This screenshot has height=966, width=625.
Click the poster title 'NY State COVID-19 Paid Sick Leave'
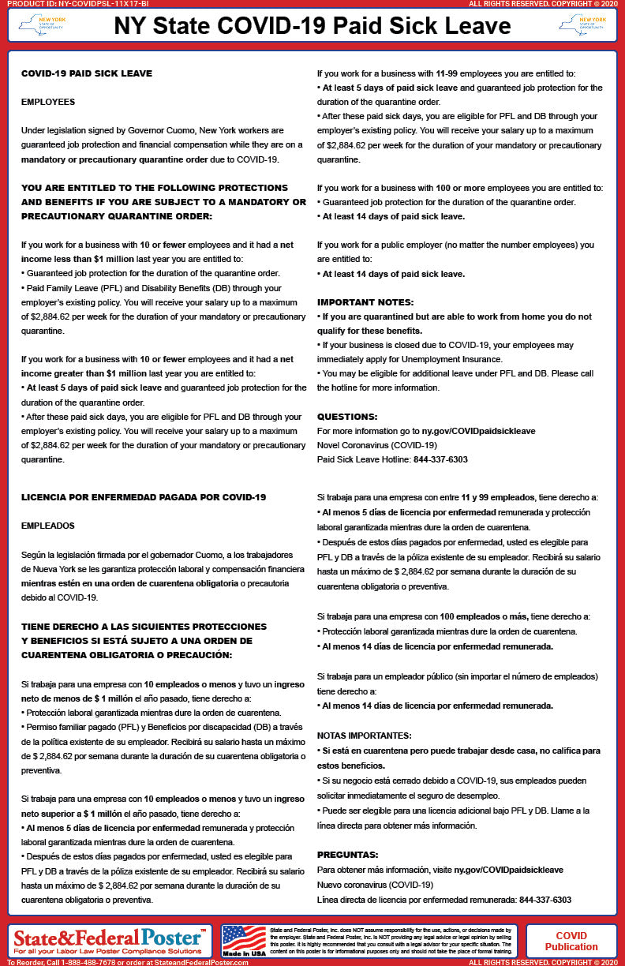point(312,26)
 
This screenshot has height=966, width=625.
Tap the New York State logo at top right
point(582,26)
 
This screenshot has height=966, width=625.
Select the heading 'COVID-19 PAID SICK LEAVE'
point(87,73)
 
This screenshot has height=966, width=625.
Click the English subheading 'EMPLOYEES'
point(48,102)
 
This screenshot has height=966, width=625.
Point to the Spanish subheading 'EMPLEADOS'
point(48,526)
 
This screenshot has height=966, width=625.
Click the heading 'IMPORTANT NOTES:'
point(364,302)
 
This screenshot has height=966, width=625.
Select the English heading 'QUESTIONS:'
point(347,417)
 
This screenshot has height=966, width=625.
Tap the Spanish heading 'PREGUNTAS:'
point(348,855)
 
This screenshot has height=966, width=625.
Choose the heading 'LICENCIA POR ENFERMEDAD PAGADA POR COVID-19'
point(144,497)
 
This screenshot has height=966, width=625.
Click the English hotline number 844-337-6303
point(440,459)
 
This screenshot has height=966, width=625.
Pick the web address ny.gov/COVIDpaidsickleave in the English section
point(478,431)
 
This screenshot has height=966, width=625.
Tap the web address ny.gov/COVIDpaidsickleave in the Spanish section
point(508,870)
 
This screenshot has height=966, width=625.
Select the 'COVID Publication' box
point(571,941)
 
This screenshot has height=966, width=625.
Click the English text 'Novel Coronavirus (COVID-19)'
point(371,445)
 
